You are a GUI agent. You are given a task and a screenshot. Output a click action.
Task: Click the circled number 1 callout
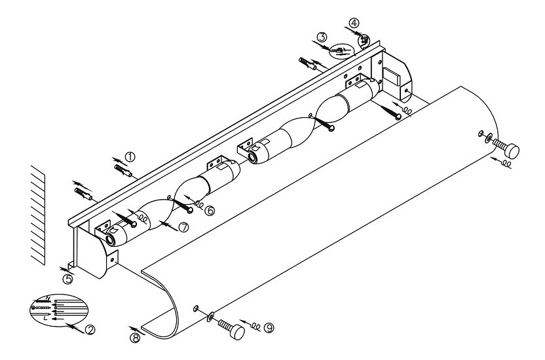coord(130,156)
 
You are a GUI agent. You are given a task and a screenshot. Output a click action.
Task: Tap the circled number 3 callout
coord(322,38)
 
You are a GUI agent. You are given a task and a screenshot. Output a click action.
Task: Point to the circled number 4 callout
coord(354,23)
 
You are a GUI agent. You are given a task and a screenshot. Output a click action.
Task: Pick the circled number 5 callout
coord(68,278)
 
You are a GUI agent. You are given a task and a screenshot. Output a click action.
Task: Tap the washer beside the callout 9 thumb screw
coord(210,316)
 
